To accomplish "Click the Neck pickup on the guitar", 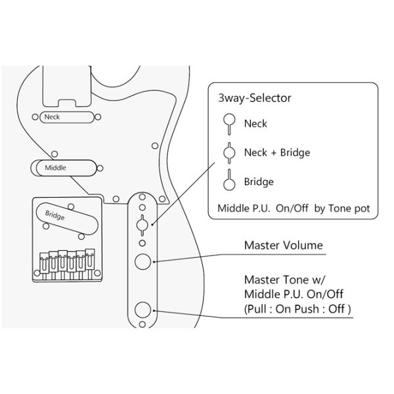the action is point(67,117).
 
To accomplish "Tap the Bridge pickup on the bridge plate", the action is point(67,219).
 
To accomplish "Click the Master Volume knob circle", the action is point(142,261).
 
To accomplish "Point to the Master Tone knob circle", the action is point(142,310).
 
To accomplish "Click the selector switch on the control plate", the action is point(142,225).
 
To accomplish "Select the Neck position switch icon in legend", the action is point(229,124).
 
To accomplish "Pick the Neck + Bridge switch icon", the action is point(229,153).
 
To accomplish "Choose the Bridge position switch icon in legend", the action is point(229,180).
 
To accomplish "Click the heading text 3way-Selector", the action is point(255,98).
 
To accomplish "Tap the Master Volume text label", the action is point(284,245).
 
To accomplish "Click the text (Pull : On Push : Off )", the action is point(297,309).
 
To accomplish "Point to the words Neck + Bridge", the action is point(277,153).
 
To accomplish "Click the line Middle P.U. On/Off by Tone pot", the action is point(294,208).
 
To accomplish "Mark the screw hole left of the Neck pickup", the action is point(35,117).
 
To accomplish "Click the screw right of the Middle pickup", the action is point(100,168).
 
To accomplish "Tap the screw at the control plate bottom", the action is point(142,324).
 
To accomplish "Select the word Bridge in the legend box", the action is point(259,182).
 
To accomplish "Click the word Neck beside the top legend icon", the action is point(255,123).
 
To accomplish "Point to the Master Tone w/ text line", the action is point(284,280).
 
